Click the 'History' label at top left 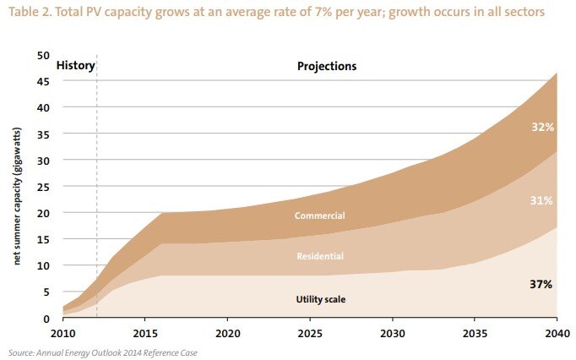coord(75,65)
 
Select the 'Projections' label coord(327,66)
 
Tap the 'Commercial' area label coord(319,216)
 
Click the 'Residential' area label coord(319,255)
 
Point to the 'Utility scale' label coord(319,299)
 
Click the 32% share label coord(541,128)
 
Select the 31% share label coord(541,200)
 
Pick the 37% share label coord(541,285)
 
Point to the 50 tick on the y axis coord(43,55)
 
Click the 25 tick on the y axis coord(43,187)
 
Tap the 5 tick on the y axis coord(46,292)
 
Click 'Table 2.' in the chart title coord(31,14)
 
